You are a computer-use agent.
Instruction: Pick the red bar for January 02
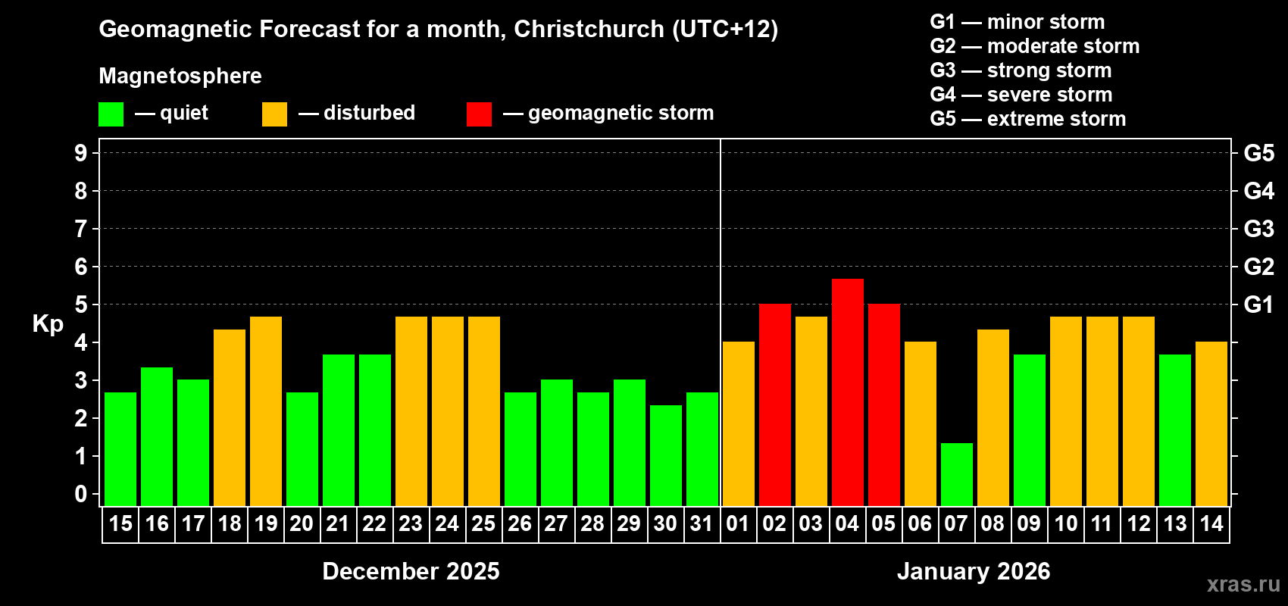click(x=774, y=405)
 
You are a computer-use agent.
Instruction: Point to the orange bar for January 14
click(x=1211, y=423)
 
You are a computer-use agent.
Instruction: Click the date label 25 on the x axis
click(x=483, y=524)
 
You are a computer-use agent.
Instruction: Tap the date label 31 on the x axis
click(x=702, y=524)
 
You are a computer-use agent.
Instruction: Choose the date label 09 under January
click(x=1029, y=524)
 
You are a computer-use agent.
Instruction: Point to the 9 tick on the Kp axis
click(x=81, y=153)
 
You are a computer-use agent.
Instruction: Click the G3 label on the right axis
click(x=1258, y=229)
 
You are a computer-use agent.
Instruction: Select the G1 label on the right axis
click(x=1258, y=305)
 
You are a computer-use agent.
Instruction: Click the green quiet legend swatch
click(x=111, y=114)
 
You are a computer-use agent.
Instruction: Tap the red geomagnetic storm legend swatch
click(x=479, y=114)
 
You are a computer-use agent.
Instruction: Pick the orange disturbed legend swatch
click(x=274, y=114)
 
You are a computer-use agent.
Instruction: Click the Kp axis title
click(x=48, y=324)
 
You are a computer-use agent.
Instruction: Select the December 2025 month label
click(x=411, y=571)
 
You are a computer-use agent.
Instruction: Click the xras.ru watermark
click(x=1243, y=584)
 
